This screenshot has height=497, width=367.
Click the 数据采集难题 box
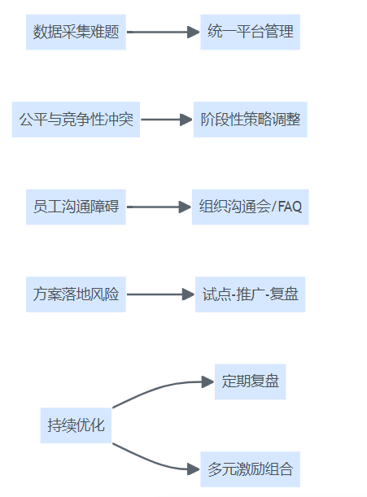tap(76, 32)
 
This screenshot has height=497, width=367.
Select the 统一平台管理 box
tap(251, 32)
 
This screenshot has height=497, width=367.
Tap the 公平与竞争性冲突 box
tap(76, 120)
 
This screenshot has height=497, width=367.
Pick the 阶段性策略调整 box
tap(251, 120)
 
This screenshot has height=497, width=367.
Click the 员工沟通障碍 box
tap(76, 207)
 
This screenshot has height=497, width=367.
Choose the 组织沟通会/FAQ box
tap(251, 207)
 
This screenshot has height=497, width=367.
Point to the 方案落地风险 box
tap(76, 294)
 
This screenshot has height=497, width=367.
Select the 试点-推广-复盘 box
tap(251, 294)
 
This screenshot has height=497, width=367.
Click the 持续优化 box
tap(76, 425)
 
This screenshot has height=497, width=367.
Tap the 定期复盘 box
tap(251, 381)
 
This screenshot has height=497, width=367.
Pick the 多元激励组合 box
tap(251, 469)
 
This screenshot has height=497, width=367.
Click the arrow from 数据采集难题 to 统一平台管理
tap(163, 32)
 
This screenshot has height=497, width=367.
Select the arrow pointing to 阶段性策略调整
tap(167, 120)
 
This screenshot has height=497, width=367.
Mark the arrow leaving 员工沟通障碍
tap(159, 207)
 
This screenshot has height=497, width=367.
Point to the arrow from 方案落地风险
tap(161, 294)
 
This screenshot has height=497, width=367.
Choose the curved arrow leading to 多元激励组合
tap(152, 461)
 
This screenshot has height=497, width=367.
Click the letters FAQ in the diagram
tap(290, 207)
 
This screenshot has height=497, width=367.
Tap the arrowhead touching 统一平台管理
tap(194, 32)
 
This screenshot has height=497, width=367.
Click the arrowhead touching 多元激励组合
tap(194, 469)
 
